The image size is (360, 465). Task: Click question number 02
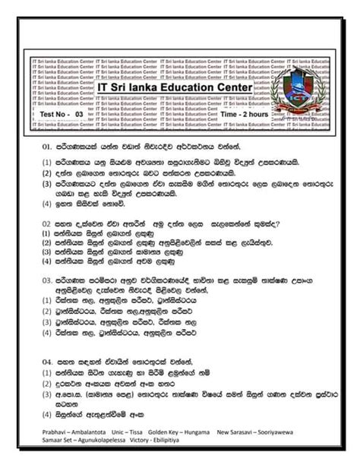tap(47, 223)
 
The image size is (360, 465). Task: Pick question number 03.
tap(47, 280)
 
